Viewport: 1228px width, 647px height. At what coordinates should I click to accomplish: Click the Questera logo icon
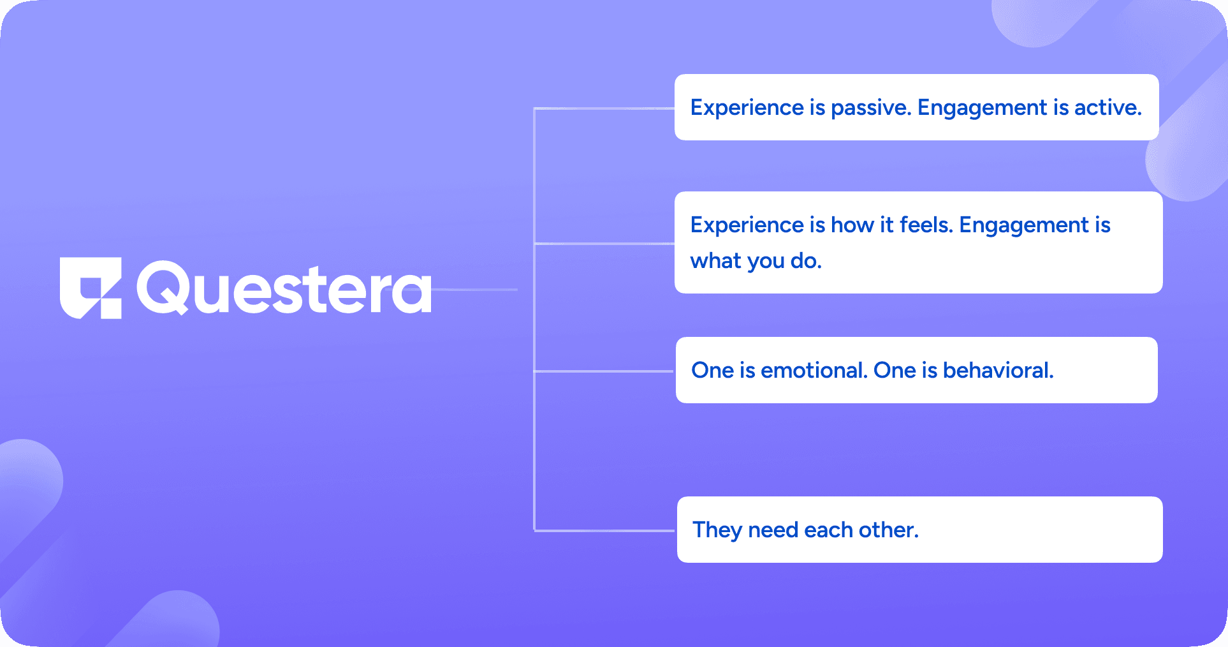91,288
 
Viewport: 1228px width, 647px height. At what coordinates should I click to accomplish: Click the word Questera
284,288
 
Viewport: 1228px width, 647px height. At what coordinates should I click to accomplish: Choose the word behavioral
998,370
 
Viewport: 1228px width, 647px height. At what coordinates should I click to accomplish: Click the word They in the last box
717,530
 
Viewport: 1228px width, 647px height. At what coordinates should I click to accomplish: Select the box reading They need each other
919,530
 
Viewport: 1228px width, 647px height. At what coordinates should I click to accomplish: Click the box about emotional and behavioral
917,370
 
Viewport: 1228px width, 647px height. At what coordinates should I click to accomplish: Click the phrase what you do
756,261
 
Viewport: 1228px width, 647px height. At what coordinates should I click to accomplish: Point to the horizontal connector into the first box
604,108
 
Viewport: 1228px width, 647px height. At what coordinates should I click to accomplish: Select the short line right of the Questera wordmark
475,290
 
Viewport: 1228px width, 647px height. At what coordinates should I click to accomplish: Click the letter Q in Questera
163,288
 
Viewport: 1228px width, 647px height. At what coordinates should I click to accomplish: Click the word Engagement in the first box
983,108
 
